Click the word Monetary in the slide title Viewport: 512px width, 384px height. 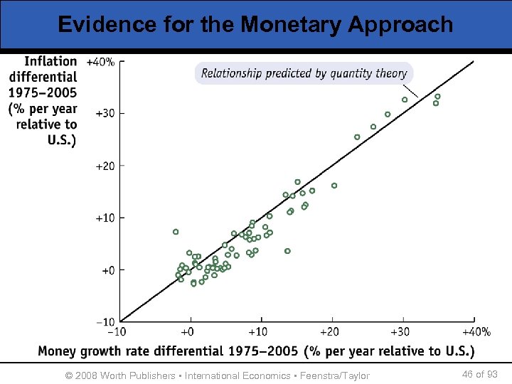[x=292, y=24]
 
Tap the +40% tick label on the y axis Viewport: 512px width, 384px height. [x=100, y=62]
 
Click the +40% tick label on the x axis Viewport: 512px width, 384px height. [x=476, y=331]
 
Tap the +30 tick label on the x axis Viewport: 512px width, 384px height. [x=402, y=331]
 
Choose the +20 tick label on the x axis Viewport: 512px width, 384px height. [x=329, y=331]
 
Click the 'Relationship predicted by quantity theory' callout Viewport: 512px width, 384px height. [x=304, y=73]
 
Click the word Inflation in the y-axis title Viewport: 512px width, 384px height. [x=49, y=62]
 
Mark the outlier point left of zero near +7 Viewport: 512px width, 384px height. [x=176, y=232]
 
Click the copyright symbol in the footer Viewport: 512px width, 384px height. [x=69, y=375]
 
